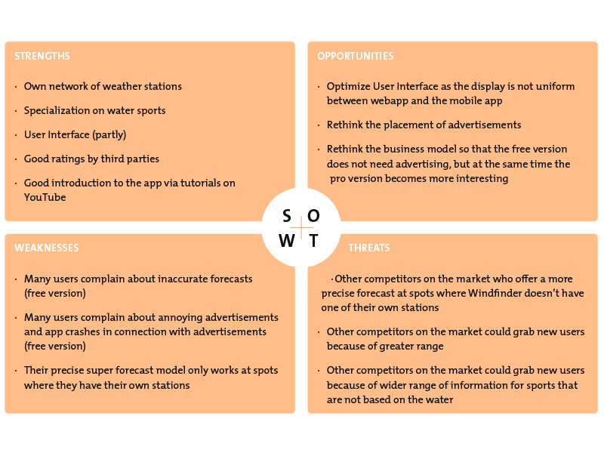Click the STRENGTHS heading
point(42,56)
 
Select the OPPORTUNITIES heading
point(355,56)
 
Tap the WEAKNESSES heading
point(46,248)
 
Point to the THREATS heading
point(369,248)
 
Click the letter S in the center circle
point(287,217)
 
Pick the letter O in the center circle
point(313,217)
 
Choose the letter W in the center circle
point(287,241)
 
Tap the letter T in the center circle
point(313,241)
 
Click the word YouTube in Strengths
point(45,197)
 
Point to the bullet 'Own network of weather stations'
point(103,87)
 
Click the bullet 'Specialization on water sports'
point(94,111)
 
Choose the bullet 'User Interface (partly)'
point(75,135)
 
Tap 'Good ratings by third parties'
point(91,159)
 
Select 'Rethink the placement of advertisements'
point(424,125)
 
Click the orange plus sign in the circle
point(301,228)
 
